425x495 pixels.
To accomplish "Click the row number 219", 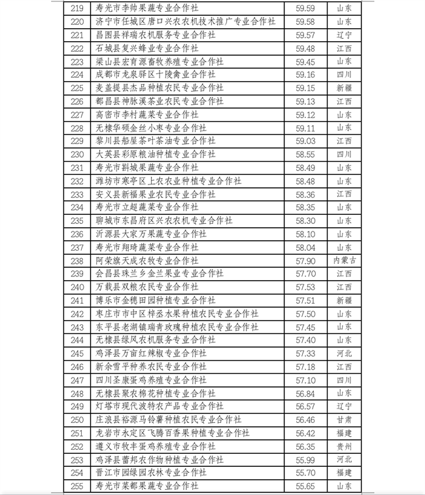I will (76, 9).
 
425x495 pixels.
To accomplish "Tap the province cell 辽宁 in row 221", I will (344, 35).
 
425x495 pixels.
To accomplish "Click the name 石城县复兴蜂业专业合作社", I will (147, 48).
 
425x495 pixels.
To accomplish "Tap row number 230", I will (76, 155).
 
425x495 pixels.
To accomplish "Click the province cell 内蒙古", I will (344, 261).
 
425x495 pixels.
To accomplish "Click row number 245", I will (76, 354).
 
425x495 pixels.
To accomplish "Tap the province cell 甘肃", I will (344, 420).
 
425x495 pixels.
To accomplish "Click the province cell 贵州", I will (344, 446).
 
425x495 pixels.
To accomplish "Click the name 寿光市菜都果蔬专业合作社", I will (147, 486).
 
